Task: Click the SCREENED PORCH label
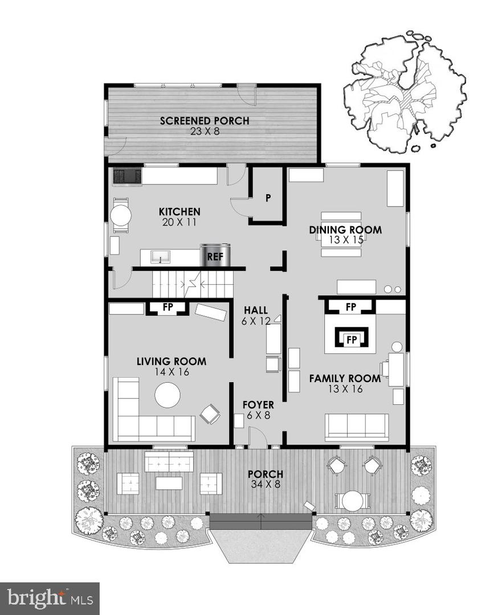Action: coord(205,121)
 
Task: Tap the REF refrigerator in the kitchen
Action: coord(215,256)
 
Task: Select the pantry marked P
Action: coord(267,198)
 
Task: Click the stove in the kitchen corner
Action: coord(127,177)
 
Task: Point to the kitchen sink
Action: coord(161,257)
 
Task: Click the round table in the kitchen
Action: coord(121,215)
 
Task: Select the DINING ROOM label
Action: coord(345,230)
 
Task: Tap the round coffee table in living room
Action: coord(168,395)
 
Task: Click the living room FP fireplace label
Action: coord(168,307)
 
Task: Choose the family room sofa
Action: coord(357,427)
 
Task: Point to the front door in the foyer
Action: coord(258,438)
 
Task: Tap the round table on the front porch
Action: coord(352,501)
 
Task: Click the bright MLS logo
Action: coord(49,598)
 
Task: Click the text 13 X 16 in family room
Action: coord(345,389)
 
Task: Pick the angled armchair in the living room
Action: coord(210,414)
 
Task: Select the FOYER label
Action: coord(258,405)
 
